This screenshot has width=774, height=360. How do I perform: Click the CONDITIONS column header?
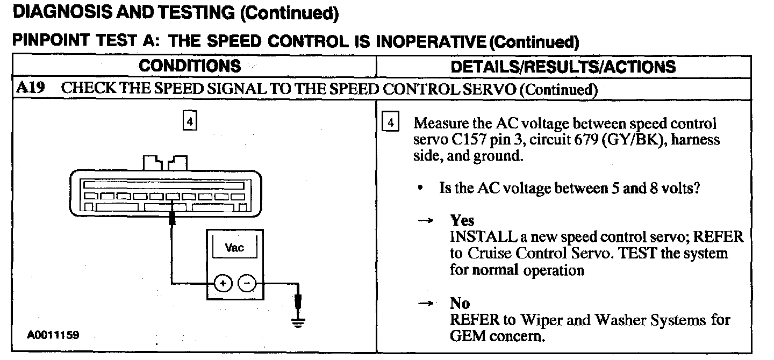pyautogui.click(x=190, y=66)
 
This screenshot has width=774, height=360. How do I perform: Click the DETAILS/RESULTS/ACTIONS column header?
pyautogui.click(x=563, y=67)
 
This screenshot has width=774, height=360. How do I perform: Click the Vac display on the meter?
pyautogui.click(x=234, y=248)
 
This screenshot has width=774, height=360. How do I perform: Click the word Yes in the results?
pyautogui.click(x=462, y=221)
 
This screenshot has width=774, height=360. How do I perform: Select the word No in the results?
pyautogui.click(x=460, y=304)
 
